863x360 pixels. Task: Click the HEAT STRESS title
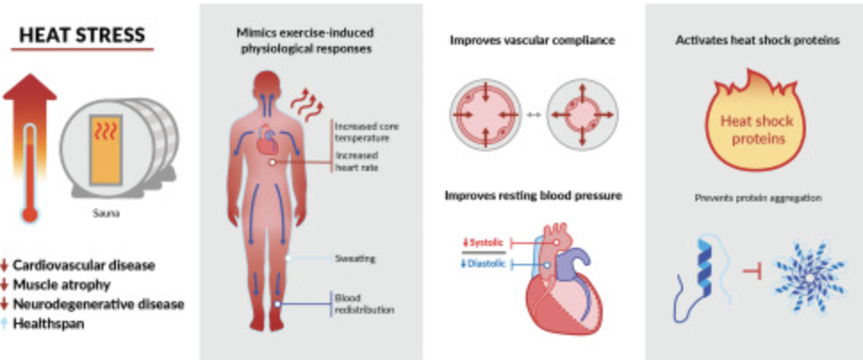84,35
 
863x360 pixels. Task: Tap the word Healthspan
53,323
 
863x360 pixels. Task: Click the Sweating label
355,259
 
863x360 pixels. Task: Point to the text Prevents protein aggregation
752,198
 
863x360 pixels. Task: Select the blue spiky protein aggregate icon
810,279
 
